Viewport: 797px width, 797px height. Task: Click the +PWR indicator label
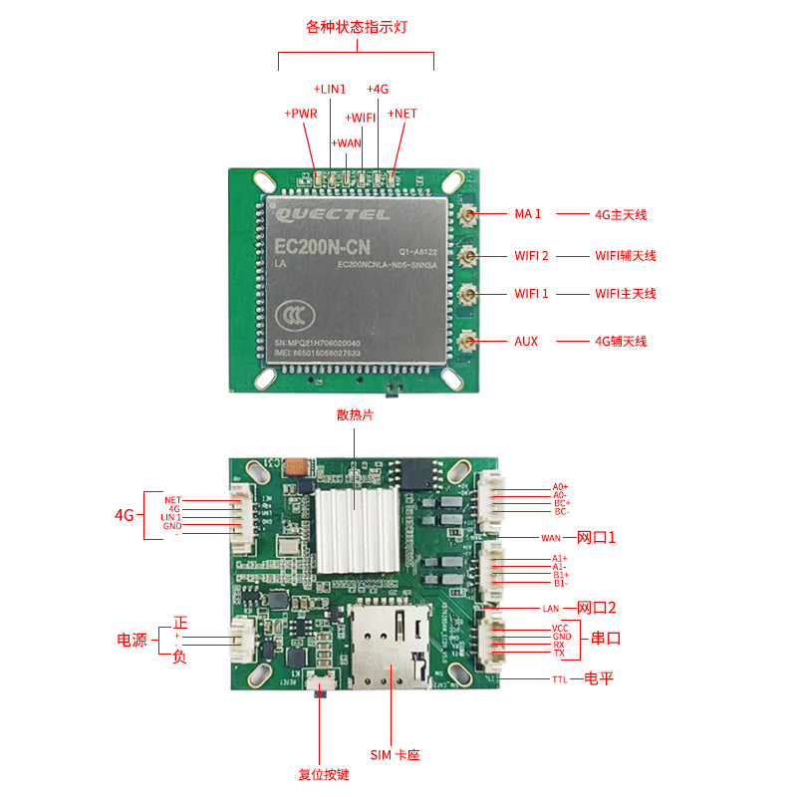click(301, 115)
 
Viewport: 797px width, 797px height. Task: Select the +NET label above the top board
click(402, 115)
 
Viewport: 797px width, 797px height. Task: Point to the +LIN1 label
click(330, 90)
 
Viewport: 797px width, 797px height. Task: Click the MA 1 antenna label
click(527, 214)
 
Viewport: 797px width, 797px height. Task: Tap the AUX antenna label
click(526, 342)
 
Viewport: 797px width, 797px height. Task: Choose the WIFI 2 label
click(531, 256)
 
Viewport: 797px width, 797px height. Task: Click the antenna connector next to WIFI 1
click(466, 294)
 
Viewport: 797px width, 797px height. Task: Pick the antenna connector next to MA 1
click(466, 213)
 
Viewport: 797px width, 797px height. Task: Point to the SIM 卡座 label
click(395, 755)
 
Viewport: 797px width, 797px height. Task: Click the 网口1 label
click(597, 538)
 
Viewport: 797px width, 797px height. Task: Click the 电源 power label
click(133, 640)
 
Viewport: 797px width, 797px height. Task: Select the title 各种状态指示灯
click(356, 27)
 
